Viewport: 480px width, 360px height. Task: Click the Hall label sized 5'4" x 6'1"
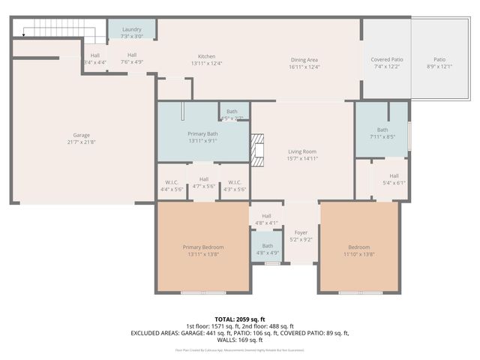(394, 178)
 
